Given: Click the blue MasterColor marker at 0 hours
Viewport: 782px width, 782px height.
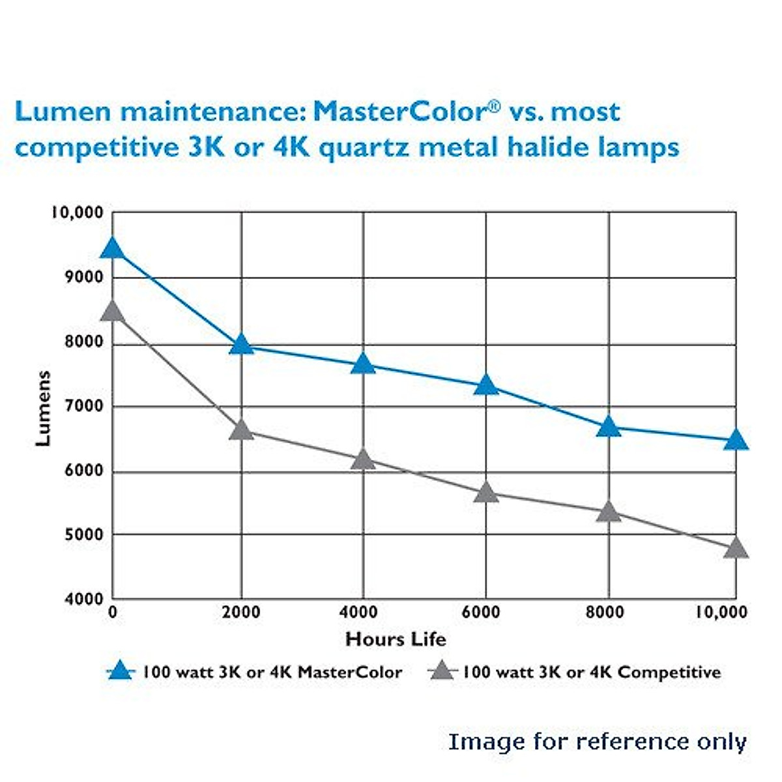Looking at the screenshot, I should coord(113,249).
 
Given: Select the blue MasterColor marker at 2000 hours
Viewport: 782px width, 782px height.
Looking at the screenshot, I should coord(241,344).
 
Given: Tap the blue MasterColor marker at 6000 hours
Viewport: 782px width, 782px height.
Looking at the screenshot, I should coord(485,386).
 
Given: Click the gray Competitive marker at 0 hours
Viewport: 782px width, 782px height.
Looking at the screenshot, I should coord(113,311).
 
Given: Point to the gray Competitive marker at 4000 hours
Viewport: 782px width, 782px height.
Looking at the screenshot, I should coord(363,459).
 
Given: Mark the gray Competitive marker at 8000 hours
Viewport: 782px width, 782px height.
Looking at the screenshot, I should coord(609,512).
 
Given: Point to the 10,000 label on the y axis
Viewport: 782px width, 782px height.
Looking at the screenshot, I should coord(78,212).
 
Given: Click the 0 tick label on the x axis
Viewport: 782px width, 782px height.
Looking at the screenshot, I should coord(112,613).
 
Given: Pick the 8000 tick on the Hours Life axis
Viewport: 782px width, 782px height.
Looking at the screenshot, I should coord(605,613).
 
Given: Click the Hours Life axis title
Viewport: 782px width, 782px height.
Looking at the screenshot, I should coord(396,639).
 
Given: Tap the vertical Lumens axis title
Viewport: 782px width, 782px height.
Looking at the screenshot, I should coord(43,409).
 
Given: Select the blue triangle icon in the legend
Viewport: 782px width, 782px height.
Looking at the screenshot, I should coord(121,671).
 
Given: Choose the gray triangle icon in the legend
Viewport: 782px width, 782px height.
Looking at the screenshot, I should coord(443,671).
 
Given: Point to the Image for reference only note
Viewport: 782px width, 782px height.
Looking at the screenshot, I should coord(597,742).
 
